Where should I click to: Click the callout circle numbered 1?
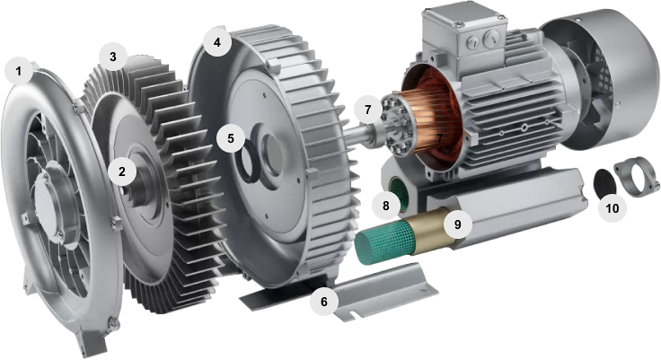pos(19,71)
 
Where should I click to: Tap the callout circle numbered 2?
pos(122,171)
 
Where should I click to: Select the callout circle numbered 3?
pos(112,57)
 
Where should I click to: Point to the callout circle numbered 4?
pos(217,42)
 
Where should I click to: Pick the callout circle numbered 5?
pos(230,138)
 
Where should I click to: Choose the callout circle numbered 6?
pos(323,302)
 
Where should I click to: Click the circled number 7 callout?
pos(368,110)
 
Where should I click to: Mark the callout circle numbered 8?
pos(386,206)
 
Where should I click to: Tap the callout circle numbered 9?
pos(458,224)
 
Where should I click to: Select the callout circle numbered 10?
pos(613,207)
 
